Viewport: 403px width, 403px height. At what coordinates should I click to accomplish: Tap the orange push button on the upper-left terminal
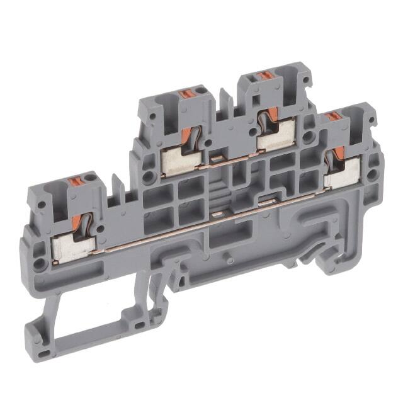click(x=185, y=94)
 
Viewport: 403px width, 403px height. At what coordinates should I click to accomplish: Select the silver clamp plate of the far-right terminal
click(x=343, y=173)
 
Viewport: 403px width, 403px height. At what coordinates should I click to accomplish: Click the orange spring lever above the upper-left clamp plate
click(x=187, y=136)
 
